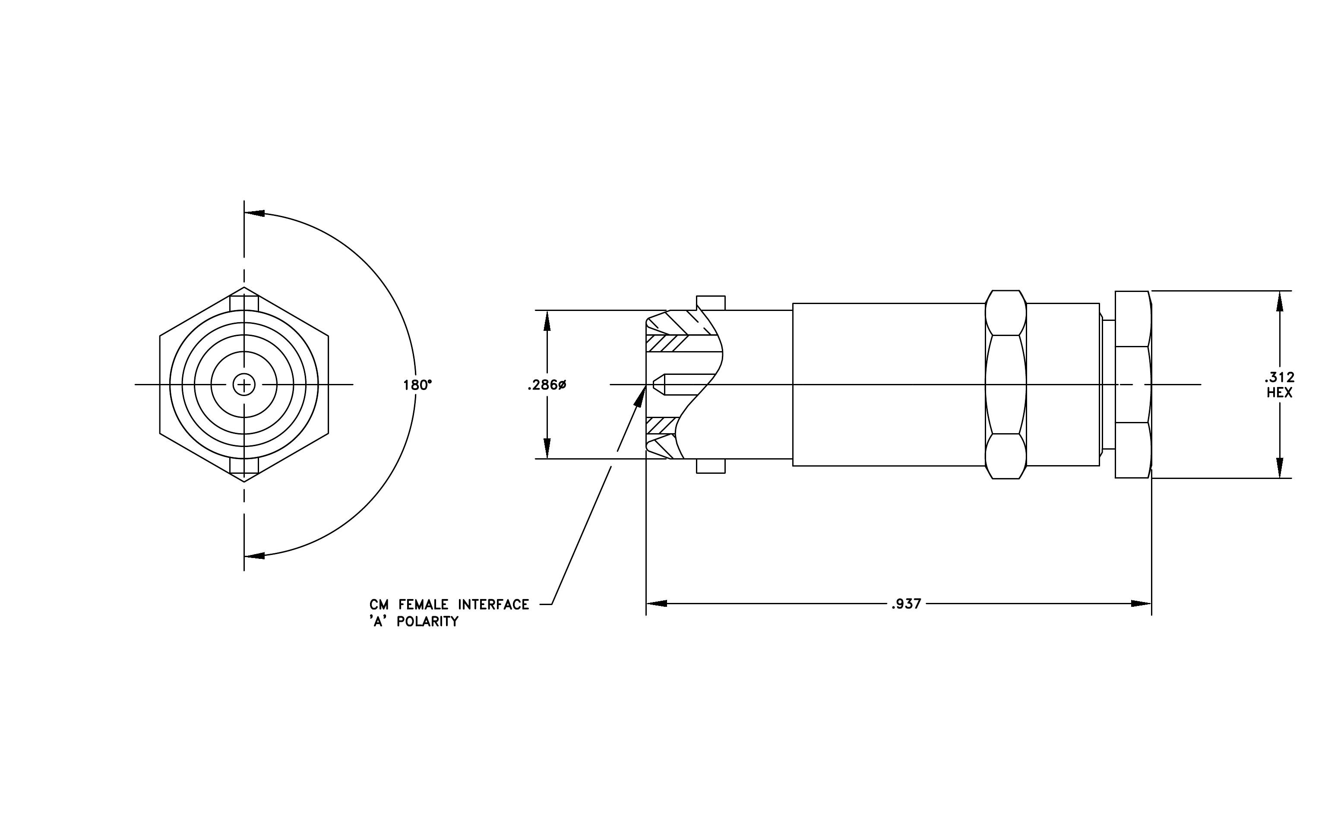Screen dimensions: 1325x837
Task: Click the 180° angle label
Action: coord(417,385)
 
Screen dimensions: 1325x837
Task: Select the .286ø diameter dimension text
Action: coord(547,385)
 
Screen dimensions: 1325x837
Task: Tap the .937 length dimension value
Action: coord(906,604)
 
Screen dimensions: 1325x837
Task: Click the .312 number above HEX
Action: coord(1279,377)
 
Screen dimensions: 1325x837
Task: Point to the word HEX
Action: coord(1279,393)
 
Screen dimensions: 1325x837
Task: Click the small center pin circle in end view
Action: coord(244,384)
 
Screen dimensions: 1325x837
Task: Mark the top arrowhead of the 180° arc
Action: coord(254,213)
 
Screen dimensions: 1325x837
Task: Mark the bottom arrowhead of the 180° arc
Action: coord(254,555)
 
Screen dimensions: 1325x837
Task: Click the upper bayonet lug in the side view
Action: coord(711,303)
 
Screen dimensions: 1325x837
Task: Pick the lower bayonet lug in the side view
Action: coord(711,466)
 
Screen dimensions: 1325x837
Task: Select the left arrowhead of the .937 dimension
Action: coord(656,604)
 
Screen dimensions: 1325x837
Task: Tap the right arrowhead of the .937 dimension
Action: coord(1141,604)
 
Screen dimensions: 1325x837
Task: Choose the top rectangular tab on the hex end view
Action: coord(244,304)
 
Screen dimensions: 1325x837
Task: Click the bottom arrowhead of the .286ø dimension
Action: coord(547,448)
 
